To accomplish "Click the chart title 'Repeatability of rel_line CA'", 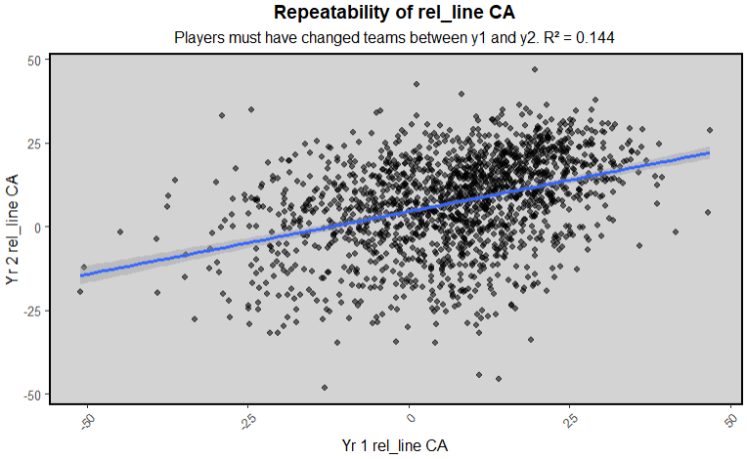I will coord(394,14).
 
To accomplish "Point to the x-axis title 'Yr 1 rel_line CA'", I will coord(394,445).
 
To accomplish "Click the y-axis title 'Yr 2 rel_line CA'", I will coord(14,227).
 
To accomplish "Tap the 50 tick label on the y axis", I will coord(32,60).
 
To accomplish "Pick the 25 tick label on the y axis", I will coord(32,144).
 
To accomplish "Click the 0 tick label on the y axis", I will coord(35,227).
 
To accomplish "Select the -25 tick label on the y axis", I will coord(30,311).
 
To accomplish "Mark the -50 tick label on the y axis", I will coord(30,394).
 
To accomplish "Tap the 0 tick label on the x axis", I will coord(411,415).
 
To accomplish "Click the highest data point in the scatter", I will coord(534,69).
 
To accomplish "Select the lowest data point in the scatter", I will coord(325,388).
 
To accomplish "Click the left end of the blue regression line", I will coord(81,275).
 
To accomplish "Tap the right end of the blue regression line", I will coord(709,153).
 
